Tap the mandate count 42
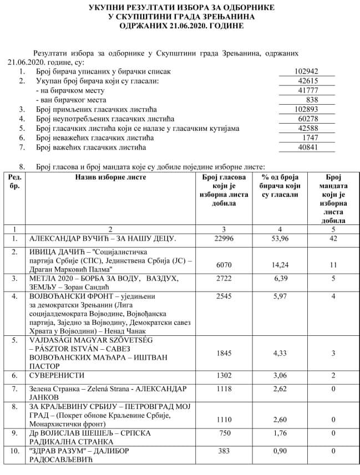coord(332,239)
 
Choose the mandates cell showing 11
coord(332,265)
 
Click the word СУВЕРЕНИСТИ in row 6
coord(56,376)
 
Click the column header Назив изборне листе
coord(111,177)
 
